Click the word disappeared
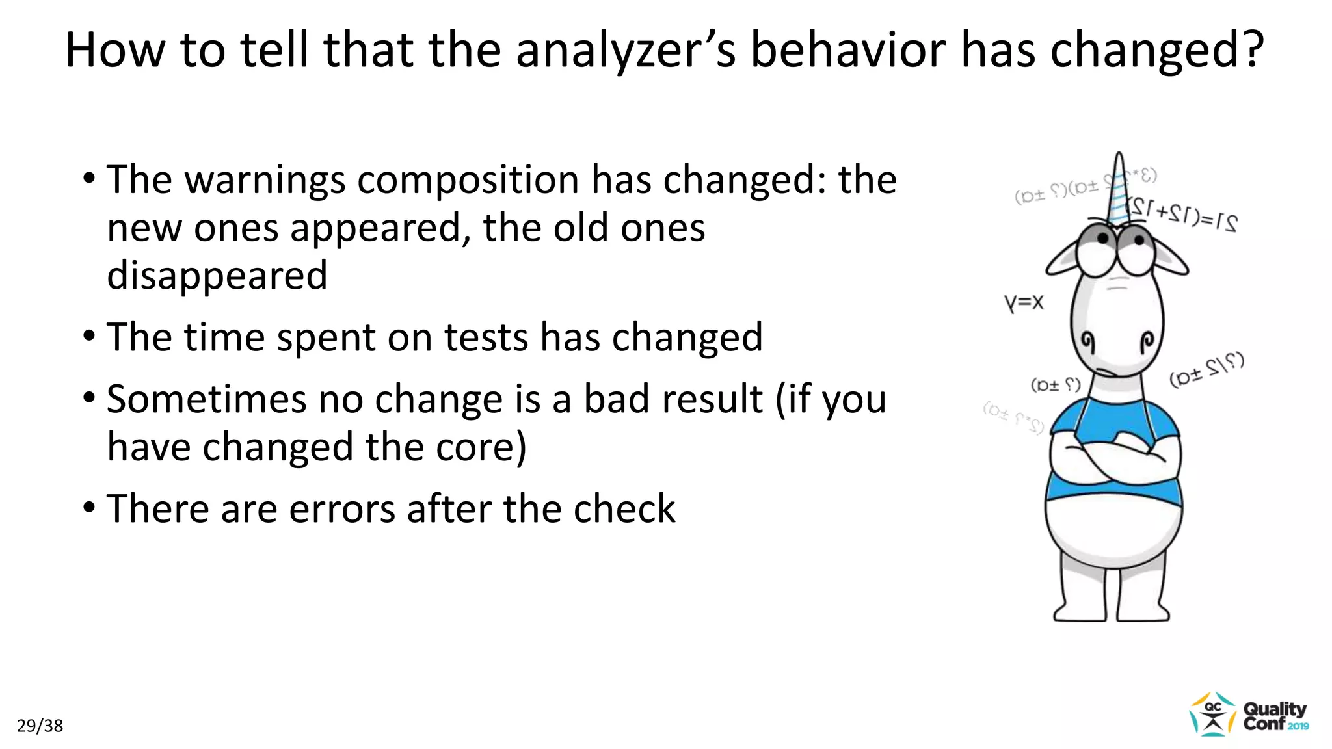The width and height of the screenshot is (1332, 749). point(217,276)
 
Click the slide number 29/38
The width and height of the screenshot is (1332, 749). point(40,726)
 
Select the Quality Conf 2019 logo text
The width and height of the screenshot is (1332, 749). point(1275,716)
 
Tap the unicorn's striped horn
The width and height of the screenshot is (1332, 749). point(1119,189)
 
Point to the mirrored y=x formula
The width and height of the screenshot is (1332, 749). point(1024,303)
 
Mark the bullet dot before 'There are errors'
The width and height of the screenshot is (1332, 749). point(89,507)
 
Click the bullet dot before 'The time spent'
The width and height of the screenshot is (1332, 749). point(89,336)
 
